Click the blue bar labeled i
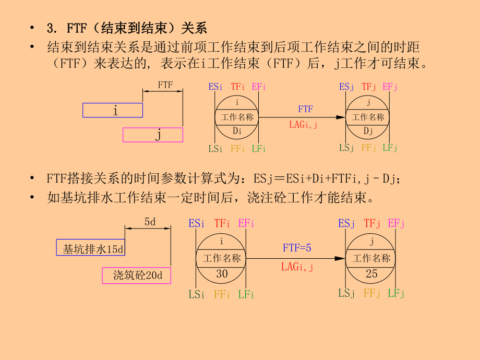pos(112,110)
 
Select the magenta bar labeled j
pos(153,135)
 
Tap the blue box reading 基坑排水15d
pos(90,247)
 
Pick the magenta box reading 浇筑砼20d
pos(136,275)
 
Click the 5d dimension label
pos(150,222)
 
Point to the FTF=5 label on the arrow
pos(297,248)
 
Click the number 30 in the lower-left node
pos(222,273)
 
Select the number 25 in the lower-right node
pos(371,273)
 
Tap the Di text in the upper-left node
pos(237,131)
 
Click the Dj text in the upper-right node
pos(368,130)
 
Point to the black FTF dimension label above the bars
pos(165,85)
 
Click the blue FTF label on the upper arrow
pos(305,109)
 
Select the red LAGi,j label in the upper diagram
pos(304,125)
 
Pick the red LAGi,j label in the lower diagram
pos(297,267)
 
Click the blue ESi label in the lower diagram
pos(197,223)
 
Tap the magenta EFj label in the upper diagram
pos(390,87)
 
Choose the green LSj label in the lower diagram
pos(346,294)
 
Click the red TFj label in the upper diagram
pos(369,87)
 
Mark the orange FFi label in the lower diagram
pos(222,294)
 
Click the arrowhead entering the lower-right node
pos(341,258)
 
